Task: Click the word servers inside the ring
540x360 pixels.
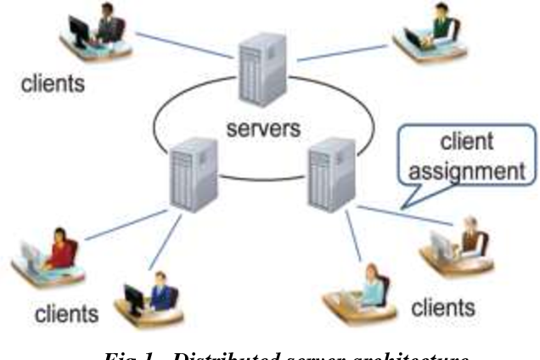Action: pos(263,131)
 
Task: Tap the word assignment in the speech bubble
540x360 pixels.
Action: pos(464,170)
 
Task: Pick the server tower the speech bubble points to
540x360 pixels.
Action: pos(329,175)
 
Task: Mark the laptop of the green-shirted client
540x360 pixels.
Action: pos(417,38)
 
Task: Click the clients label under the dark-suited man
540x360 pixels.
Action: pos(53,84)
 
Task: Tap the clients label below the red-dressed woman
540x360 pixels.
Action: pos(66,314)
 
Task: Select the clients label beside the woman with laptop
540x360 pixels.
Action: pos(442,307)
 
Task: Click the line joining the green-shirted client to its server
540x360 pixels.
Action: pos(340,51)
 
